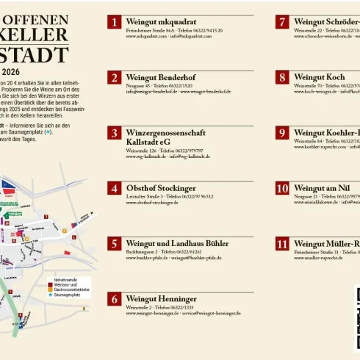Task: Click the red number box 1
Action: pos(114,22)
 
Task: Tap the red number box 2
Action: pos(114,77)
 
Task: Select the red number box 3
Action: pos(114,133)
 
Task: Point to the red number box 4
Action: pos(114,188)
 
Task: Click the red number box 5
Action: pos(114,243)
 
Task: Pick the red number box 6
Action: pos(114,298)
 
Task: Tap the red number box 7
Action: pos(282,22)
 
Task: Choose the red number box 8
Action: pos(282,77)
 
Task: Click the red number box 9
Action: pos(282,133)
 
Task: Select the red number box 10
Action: pos(282,188)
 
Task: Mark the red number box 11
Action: pos(282,243)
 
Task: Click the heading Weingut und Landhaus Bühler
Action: pos(177,243)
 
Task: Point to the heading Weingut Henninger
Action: pos(161,299)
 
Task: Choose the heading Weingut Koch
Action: pos(319,77)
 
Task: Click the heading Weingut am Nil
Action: pos(324,188)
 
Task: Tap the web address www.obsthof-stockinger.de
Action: pos(152,203)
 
